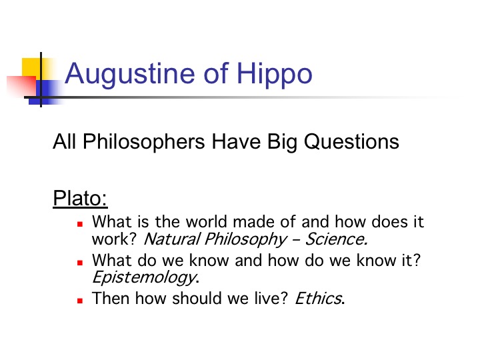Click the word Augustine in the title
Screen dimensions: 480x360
pos(130,75)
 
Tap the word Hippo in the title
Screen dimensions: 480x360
pos(274,75)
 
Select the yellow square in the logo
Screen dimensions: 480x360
pos(32,69)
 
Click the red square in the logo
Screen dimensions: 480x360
pos(21,87)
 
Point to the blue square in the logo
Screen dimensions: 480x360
pos(46,93)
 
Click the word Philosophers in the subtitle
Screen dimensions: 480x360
pos(143,142)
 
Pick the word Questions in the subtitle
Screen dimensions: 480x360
pos(351,142)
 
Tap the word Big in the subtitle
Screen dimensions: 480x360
pos(282,143)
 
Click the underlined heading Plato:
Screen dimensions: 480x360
pos(80,199)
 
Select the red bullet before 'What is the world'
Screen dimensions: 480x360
pos(80,224)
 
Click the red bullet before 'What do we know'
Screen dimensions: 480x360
pos(80,263)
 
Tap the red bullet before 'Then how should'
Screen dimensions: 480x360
pos(80,301)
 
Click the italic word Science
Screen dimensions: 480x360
pos(337,239)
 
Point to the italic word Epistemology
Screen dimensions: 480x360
pos(145,278)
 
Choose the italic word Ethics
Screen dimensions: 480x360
pos(319,298)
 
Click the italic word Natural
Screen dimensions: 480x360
pos(172,239)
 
